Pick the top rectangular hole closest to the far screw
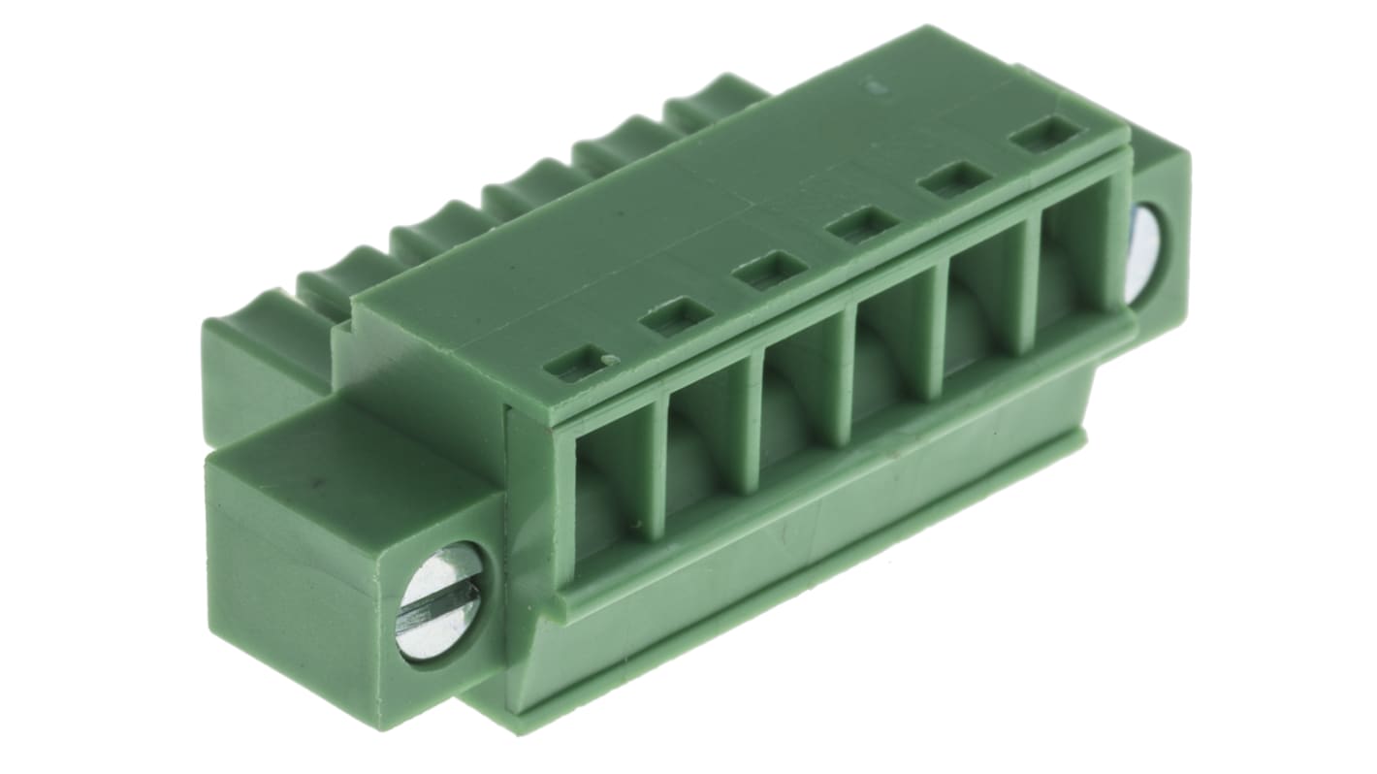(x=1046, y=135)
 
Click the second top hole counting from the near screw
(x=677, y=316)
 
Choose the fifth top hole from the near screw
(x=956, y=179)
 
